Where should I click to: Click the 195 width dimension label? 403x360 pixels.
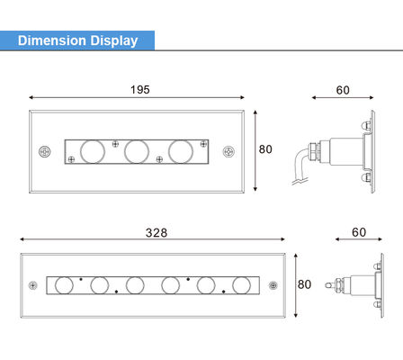coord(139,90)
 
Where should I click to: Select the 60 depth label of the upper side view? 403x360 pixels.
coord(343,90)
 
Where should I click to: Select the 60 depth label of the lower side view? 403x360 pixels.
coord(359,232)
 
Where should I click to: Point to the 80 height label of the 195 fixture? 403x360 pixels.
coord(265,149)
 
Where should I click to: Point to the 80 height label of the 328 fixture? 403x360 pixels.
coord(304,284)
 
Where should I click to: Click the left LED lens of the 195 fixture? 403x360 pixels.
coord(92,150)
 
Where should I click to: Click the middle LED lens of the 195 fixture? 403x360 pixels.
coord(136,150)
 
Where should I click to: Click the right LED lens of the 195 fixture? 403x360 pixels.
coord(181,150)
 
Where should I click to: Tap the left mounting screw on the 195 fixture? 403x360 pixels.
coord(42,150)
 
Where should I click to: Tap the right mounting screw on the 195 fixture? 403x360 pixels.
coord(228,150)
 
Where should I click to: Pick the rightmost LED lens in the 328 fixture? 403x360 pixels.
coord(240,285)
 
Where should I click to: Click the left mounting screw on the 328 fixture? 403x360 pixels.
coord(32,285)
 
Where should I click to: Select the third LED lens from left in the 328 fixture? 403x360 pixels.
coord(135,285)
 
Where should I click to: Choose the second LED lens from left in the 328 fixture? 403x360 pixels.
coord(99,285)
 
